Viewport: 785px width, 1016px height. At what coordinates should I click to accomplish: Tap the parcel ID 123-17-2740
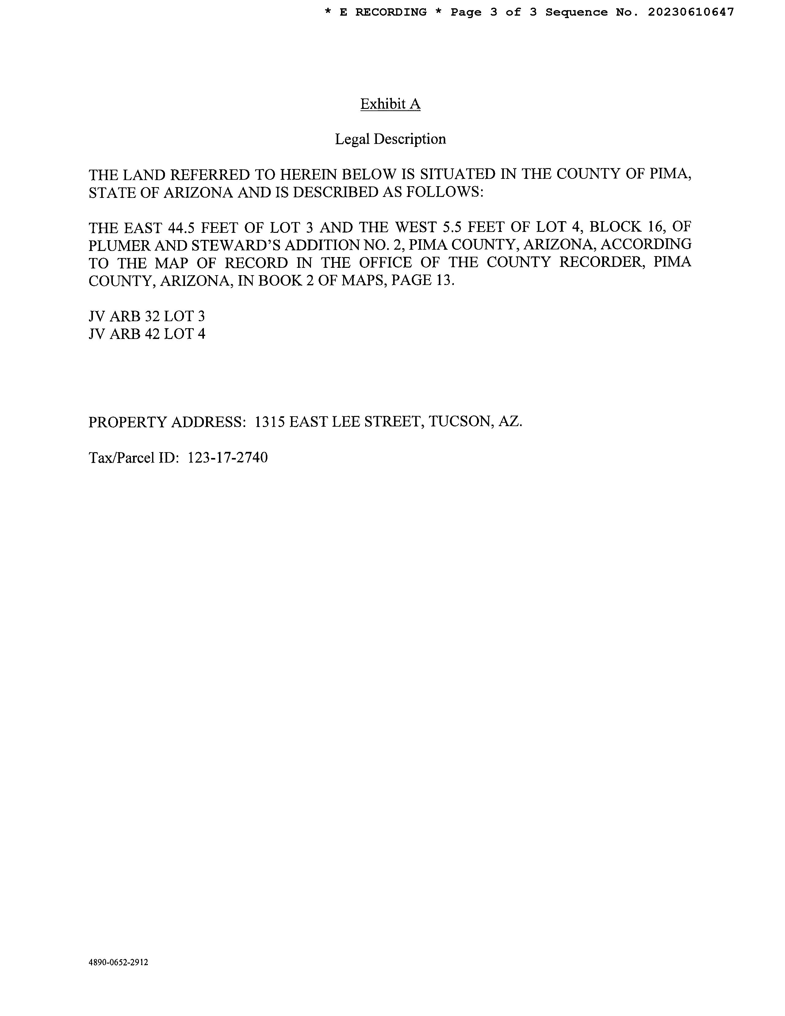(x=228, y=458)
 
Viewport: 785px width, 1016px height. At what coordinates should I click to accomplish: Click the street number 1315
(x=270, y=422)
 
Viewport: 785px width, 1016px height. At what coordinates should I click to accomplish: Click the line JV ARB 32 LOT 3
(x=147, y=316)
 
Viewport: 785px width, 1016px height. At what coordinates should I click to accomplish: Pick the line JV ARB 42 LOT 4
(x=147, y=334)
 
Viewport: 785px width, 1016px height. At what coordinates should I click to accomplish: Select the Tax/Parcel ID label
(x=133, y=458)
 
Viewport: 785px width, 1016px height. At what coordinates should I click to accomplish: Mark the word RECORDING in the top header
(x=391, y=12)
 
